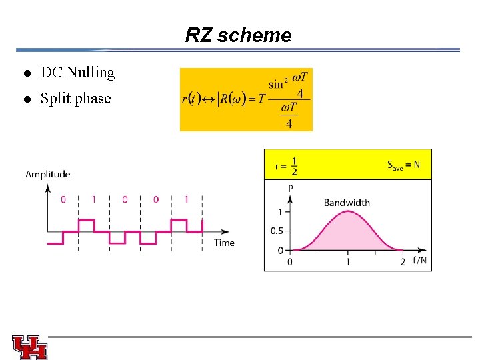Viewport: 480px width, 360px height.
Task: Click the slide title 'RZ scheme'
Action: (x=238, y=35)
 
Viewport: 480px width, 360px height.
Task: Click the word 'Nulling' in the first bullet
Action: (x=91, y=73)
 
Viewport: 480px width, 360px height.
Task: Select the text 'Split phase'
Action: (x=75, y=99)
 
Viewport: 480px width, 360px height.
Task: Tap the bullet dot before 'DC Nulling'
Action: (x=27, y=73)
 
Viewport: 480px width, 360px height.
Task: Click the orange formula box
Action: (x=246, y=99)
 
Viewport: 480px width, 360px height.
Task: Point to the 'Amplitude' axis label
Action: (x=47, y=175)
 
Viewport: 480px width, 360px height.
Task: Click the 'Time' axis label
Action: (x=224, y=243)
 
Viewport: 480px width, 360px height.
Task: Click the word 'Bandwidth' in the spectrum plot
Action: (x=347, y=203)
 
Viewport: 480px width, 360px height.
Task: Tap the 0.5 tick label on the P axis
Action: (x=275, y=231)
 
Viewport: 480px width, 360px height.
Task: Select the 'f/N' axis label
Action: (x=419, y=261)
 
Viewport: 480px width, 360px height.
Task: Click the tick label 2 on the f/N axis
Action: (x=403, y=262)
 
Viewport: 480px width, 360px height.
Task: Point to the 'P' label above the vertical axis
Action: (x=290, y=189)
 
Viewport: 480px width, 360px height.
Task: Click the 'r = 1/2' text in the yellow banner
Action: (x=287, y=165)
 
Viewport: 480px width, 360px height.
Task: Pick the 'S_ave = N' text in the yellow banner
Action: (x=403, y=165)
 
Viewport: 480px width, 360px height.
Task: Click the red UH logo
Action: (x=29, y=347)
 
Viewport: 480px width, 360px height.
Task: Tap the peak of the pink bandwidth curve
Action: (x=347, y=211)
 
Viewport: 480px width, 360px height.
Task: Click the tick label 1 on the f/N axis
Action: (x=347, y=262)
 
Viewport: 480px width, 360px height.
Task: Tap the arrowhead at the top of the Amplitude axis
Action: (x=47, y=187)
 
